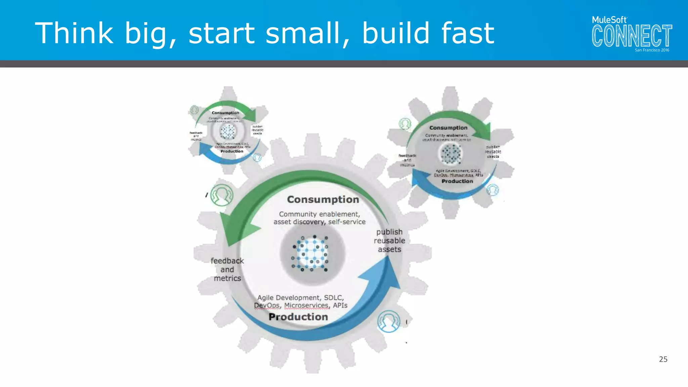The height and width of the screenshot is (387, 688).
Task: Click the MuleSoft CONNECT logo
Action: (632, 34)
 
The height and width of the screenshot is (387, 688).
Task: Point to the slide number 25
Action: (663, 359)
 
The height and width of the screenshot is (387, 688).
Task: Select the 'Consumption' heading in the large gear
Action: (323, 200)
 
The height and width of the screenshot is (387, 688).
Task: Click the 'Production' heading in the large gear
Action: (298, 317)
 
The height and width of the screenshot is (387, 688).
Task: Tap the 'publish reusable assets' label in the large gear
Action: (389, 241)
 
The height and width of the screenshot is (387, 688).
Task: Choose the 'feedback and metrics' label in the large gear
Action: (227, 269)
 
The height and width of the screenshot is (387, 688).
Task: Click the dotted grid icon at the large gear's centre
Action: (311, 254)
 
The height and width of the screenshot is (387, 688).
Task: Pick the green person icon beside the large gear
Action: (222, 195)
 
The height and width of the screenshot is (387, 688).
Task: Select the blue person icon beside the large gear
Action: (389, 321)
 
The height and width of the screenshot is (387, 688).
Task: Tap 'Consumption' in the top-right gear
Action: (448, 128)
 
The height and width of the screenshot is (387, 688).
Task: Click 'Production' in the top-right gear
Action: (457, 181)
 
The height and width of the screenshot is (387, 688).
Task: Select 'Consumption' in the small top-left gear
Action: (225, 113)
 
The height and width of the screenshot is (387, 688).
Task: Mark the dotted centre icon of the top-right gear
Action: (451, 154)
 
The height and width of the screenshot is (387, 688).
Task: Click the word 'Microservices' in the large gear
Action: (306, 305)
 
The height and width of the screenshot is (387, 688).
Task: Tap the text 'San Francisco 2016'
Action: (652, 50)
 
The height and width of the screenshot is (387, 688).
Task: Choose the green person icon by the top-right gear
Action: (405, 124)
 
